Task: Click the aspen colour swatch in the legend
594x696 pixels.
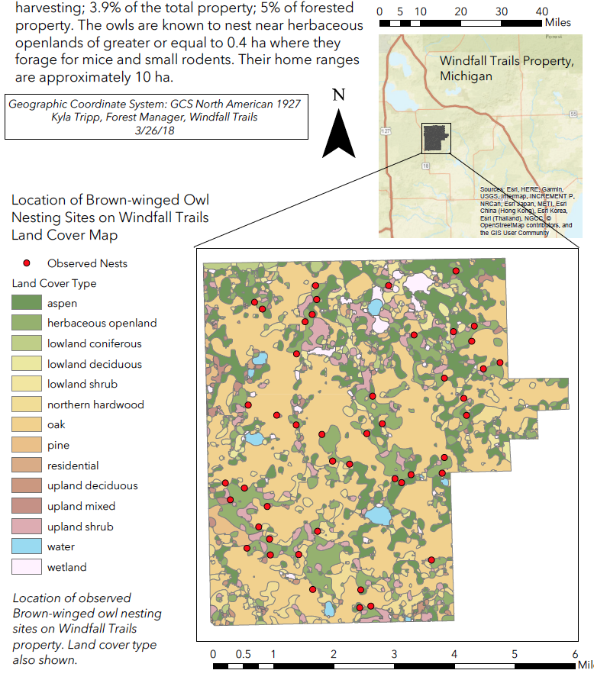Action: tap(26, 303)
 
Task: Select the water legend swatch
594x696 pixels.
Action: tap(26, 546)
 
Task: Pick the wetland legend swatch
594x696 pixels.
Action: tap(26, 567)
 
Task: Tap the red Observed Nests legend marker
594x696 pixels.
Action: tap(26, 263)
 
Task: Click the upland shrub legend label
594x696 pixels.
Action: tap(80, 527)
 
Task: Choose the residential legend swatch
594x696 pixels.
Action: tap(26, 466)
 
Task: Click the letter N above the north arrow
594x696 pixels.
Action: tap(339, 95)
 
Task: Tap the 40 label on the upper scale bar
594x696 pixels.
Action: tap(542, 12)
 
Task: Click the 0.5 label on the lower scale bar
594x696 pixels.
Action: tap(243, 654)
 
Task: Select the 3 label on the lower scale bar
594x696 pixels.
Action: tap(394, 654)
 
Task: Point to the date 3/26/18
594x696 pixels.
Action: tap(155, 130)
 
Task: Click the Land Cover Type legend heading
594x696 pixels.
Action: tap(54, 283)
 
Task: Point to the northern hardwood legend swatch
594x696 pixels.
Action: tap(26, 404)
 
